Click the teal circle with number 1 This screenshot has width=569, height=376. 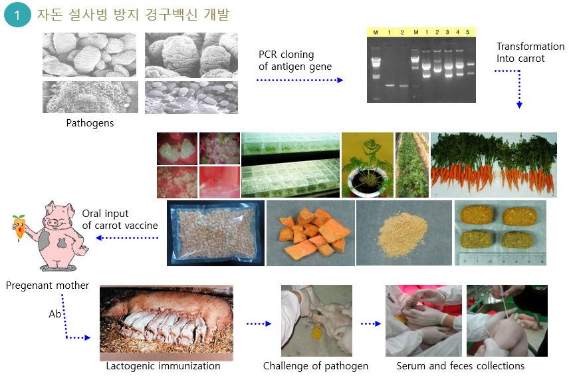pos(17,15)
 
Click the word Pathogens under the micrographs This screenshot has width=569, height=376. pos(90,123)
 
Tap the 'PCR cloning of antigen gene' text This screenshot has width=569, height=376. pos(295,61)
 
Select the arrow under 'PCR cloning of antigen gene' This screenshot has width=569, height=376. pos(300,80)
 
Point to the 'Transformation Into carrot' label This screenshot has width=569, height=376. pos(530,53)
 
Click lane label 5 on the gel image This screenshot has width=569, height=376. pos(468,33)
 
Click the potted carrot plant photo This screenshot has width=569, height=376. pos(368,165)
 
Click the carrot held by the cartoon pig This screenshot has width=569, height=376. pos(19,228)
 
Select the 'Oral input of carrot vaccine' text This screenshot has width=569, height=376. pos(120,220)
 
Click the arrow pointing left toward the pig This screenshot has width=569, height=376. pos(127,238)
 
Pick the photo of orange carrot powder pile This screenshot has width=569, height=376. pos(404,233)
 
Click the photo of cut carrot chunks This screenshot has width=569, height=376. pos(310,233)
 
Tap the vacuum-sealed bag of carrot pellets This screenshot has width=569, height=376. pos(215,233)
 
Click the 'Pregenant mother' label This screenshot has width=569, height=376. pos(48,285)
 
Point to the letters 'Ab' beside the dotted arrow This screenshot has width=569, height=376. pos(55,314)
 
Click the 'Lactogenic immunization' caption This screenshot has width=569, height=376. pos(163,366)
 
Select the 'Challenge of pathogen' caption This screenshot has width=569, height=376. pos(316,366)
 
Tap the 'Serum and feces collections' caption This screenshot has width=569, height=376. pos(461,366)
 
